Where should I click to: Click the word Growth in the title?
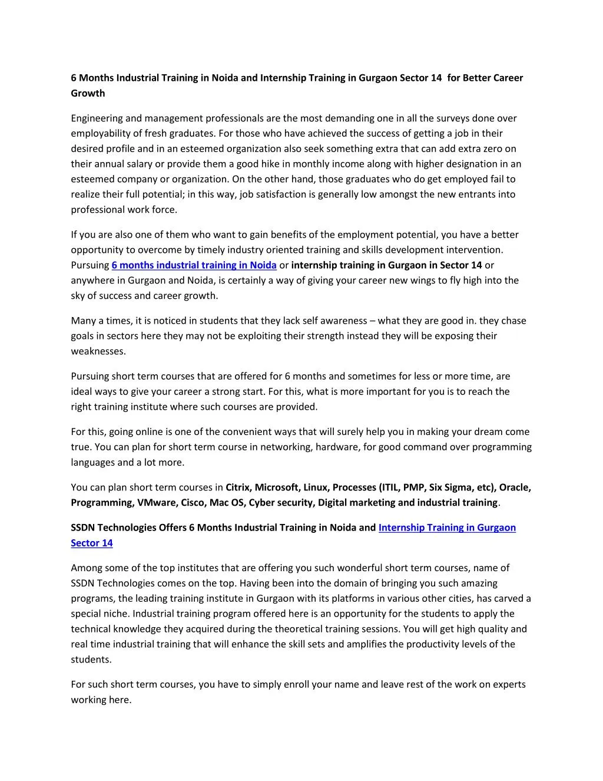tap(88, 93)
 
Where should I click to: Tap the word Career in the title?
tap(508, 78)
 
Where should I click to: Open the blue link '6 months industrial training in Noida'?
tap(194, 265)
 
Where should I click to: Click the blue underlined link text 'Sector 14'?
tap(92, 543)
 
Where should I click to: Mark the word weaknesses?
tap(98, 351)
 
